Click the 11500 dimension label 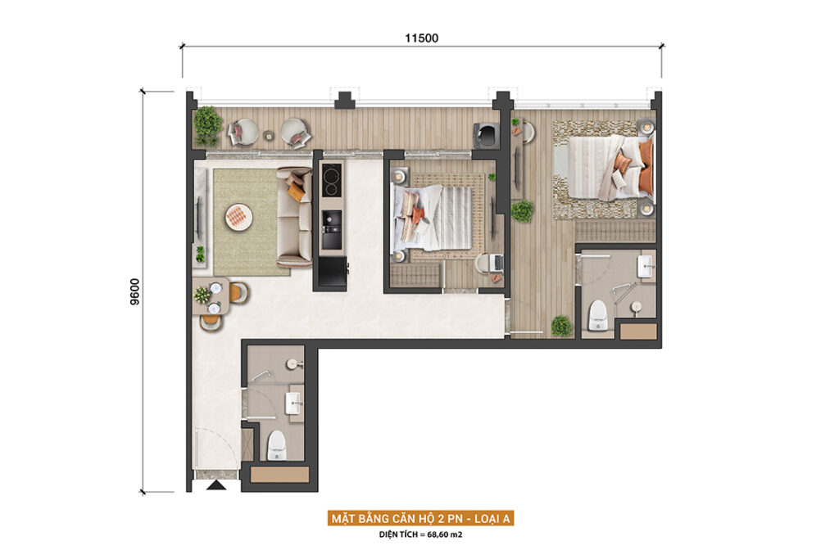pos(422,38)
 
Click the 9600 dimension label pos(135,292)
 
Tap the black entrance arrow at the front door pos(216,485)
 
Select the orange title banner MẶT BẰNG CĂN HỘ pos(420,518)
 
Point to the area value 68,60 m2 pos(445,534)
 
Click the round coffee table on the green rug pos(238,217)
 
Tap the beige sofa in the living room pos(294,217)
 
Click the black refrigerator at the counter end pos(333,273)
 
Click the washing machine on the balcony pos(486,135)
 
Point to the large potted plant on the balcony pos(207,125)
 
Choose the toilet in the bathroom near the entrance pos(277,445)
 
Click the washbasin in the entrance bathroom pos(294,403)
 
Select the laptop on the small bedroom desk pos(497,262)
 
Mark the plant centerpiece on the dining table pos(202,295)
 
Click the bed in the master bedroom pos(610,167)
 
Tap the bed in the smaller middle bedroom pos(432,218)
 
